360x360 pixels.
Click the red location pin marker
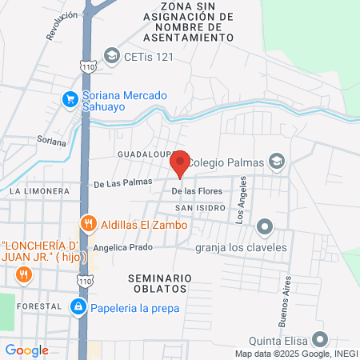(180, 162)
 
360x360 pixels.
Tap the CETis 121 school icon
(111, 57)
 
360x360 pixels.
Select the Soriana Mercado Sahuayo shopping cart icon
(70, 100)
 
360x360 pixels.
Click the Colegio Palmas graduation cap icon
(276, 162)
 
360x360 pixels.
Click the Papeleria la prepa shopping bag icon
(77, 306)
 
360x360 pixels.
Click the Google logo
(26, 350)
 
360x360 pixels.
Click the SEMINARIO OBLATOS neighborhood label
(159, 283)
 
